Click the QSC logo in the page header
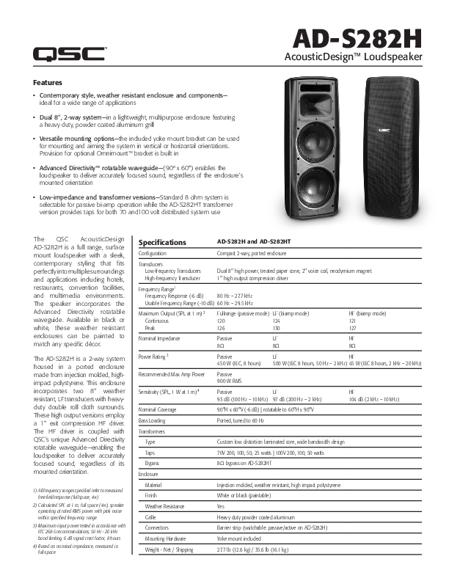pyautogui.click(x=70, y=53)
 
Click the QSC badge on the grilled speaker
pyautogui.click(x=384, y=131)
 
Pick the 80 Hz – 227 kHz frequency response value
pyautogui.click(x=235, y=296)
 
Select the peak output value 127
pyautogui.click(x=353, y=328)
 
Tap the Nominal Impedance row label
pyautogui.click(x=164, y=339)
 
